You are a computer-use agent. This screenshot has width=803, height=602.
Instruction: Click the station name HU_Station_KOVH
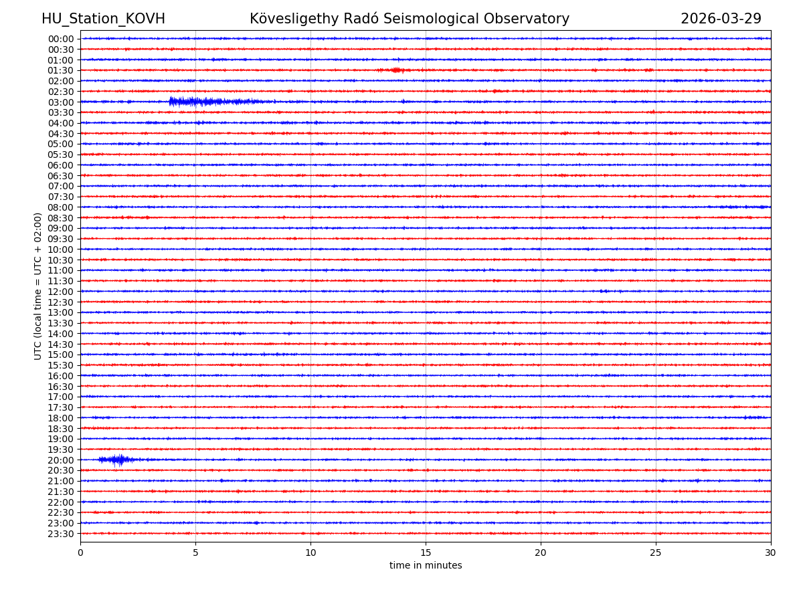(x=103, y=19)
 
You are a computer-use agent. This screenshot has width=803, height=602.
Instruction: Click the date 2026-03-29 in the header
(x=721, y=19)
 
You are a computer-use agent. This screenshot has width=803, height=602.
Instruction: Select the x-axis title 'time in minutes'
(x=426, y=565)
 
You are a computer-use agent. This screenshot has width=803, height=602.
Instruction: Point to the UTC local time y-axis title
(x=38, y=286)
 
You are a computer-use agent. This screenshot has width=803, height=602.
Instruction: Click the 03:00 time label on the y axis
(x=61, y=102)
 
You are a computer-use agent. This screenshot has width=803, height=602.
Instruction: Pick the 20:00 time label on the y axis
(x=61, y=460)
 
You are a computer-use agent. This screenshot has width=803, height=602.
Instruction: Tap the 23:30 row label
(x=61, y=534)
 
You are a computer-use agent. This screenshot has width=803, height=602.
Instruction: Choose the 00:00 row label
(x=61, y=39)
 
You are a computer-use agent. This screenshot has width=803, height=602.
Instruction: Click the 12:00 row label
(x=61, y=292)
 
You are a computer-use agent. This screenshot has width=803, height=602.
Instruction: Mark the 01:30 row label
(x=61, y=70)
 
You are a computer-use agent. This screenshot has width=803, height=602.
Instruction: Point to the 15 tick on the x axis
(x=426, y=553)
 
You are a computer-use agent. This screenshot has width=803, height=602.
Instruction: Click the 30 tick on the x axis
(x=771, y=553)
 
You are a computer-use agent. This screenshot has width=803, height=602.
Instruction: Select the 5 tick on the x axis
(x=195, y=553)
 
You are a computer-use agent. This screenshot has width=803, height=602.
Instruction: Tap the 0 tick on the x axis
(x=80, y=553)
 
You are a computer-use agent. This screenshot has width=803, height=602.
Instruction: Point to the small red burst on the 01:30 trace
(x=395, y=70)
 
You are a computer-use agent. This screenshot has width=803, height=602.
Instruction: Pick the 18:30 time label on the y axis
(x=61, y=428)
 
